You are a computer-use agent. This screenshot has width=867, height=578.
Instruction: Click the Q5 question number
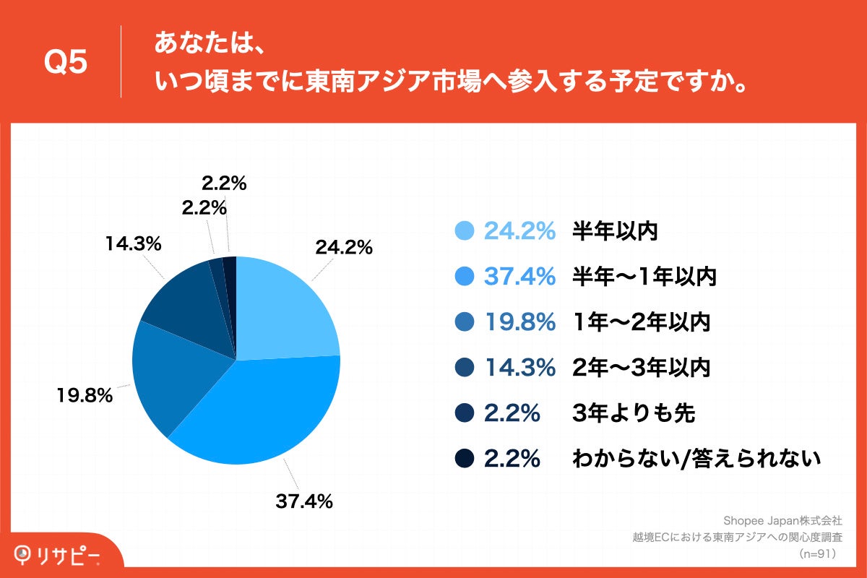point(66,63)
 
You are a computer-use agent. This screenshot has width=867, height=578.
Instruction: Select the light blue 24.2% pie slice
point(285,311)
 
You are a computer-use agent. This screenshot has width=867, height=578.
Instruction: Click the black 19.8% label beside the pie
point(85,395)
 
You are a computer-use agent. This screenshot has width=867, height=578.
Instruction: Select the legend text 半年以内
point(615,230)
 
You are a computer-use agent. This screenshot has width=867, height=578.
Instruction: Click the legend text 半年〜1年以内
point(644,276)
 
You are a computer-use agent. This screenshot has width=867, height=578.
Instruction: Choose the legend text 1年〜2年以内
point(641,322)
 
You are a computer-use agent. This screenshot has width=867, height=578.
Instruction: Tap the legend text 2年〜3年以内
point(641,367)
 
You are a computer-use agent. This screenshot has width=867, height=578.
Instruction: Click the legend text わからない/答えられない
point(696,458)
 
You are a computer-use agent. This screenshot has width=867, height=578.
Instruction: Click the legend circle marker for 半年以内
point(465,230)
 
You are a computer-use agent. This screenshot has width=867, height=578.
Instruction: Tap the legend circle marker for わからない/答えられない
point(465,458)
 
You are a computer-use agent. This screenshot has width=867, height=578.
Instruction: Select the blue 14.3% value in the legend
point(519,367)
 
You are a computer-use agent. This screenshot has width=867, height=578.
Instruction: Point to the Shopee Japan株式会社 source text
point(783,520)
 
